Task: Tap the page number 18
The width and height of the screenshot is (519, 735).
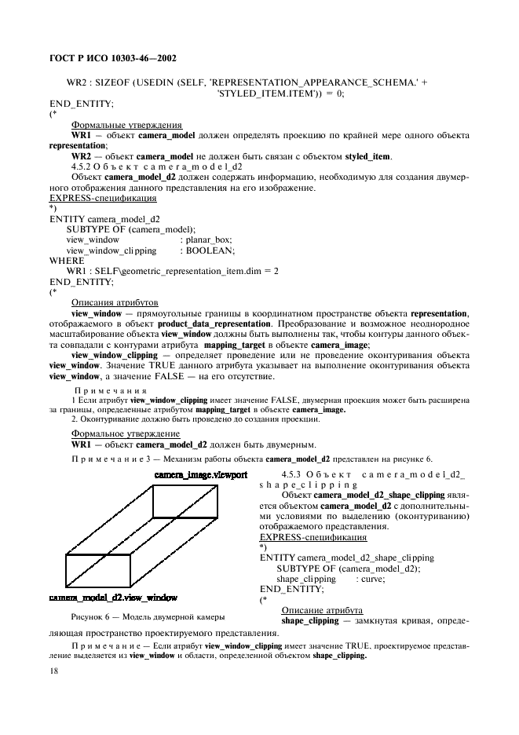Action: click(54, 671)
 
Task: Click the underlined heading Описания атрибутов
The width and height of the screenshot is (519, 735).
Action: click(115, 302)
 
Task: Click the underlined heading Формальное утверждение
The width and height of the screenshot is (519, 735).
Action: click(126, 433)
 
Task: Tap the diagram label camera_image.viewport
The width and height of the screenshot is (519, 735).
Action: click(201, 476)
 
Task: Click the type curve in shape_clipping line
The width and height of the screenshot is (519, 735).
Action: click(371, 578)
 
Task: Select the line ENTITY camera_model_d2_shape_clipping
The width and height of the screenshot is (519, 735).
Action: click(346, 557)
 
